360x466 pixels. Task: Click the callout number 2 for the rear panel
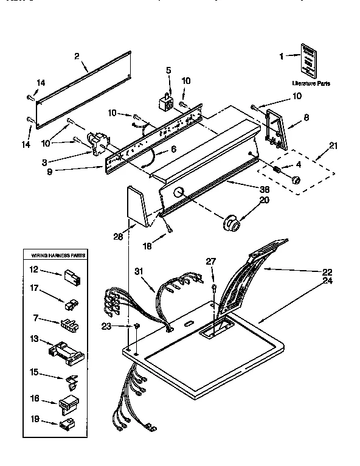[77, 57]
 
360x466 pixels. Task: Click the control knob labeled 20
[230, 223]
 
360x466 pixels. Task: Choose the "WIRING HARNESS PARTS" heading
[55, 256]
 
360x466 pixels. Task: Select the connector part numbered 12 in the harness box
[69, 274]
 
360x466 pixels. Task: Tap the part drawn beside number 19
[65, 423]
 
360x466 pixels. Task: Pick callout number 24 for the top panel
[328, 281]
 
